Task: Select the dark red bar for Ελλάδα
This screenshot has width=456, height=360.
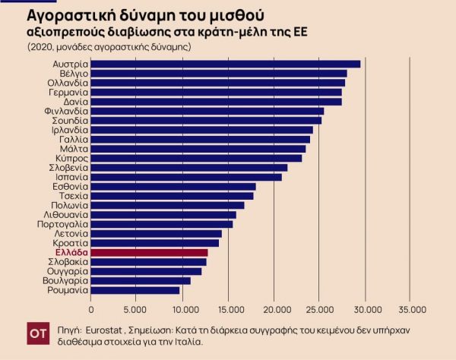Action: tap(149, 252)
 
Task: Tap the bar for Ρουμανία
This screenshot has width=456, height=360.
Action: tap(135, 289)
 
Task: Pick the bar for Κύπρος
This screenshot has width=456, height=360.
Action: tap(196, 158)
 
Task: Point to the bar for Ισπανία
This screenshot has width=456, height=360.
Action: tap(186, 177)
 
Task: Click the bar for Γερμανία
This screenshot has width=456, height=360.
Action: tap(216, 92)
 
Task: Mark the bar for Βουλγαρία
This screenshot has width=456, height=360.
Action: tap(141, 280)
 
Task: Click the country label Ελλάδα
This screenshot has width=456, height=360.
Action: tap(72, 252)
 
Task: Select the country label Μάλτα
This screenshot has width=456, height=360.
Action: tap(74, 149)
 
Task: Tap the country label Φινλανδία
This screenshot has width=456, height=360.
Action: tap(67, 111)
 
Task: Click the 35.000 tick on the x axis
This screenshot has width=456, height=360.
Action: tap(413, 310)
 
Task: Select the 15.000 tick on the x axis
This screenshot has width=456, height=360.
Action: tap(229, 310)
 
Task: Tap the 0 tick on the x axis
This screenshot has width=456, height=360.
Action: tap(91, 310)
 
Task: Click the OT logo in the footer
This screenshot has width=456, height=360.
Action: tap(38, 333)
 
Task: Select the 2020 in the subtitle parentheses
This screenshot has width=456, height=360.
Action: tap(40, 47)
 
